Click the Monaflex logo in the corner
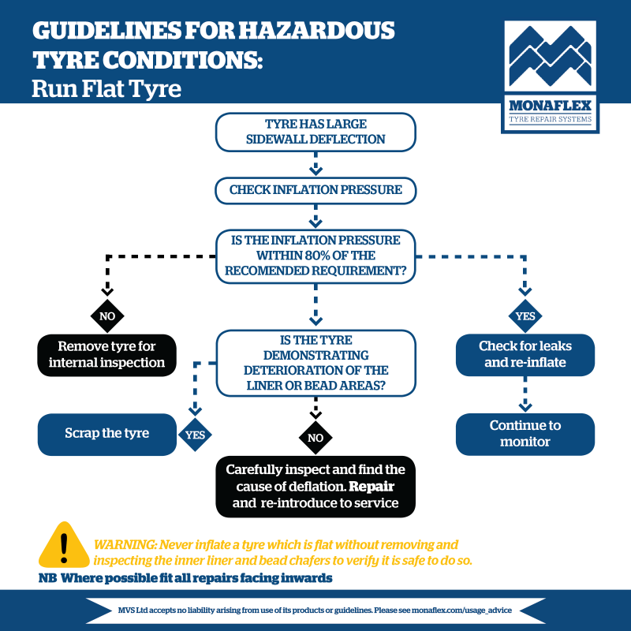pyautogui.click(x=551, y=76)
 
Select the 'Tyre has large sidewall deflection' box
pyautogui.click(x=315, y=131)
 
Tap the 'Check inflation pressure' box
pyautogui.click(x=315, y=190)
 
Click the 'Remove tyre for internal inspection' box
pyautogui.click(x=106, y=355)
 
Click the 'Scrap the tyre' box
pyautogui.click(x=106, y=434)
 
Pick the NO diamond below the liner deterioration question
pyautogui.click(x=315, y=437)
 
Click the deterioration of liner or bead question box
pyautogui.click(x=315, y=362)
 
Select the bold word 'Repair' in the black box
pyautogui.click(x=372, y=486)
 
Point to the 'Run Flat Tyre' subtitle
pyautogui.click(x=106, y=88)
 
